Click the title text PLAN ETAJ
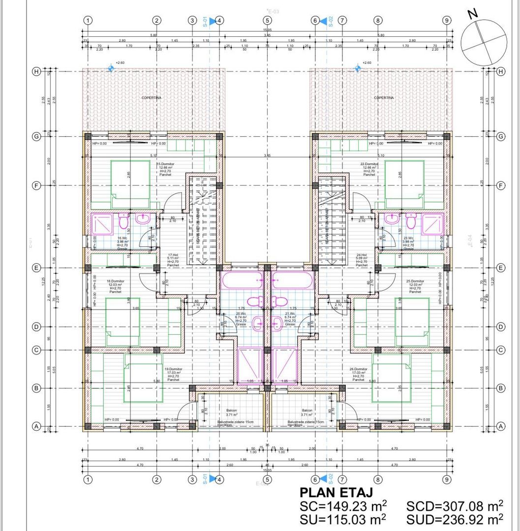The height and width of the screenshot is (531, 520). tap(336, 493)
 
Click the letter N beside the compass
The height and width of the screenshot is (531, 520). tap(473, 13)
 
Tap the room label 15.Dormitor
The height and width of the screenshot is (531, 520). tap(167, 164)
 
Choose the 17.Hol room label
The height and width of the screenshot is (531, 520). tap(172, 255)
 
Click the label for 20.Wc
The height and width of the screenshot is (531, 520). tap(241, 313)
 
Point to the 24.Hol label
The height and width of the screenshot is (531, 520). tap(362, 255)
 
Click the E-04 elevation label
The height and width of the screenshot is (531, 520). tap(469, 240)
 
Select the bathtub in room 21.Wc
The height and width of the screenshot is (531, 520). tap(292, 281)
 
